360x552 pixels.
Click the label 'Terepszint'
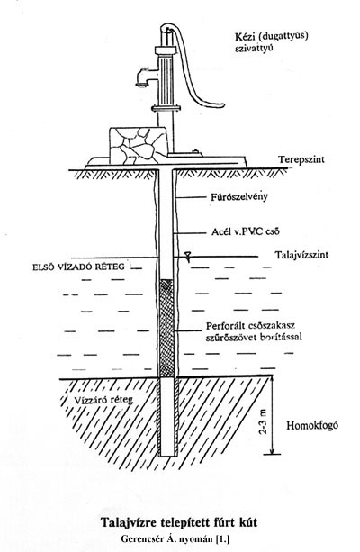(301, 159)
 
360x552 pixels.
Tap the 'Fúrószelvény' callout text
(238, 196)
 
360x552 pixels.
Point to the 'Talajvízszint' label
(301, 254)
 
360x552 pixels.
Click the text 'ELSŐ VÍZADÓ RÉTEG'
(78, 267)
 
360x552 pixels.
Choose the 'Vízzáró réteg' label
(103, 400)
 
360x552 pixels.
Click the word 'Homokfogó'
(312, 425)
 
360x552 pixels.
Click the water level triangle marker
(188, 255)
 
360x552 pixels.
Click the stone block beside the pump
(138, 145)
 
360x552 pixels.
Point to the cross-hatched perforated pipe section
(166, 328)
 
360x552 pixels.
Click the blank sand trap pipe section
(166, 417)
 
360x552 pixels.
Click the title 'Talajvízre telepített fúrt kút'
(179, 522)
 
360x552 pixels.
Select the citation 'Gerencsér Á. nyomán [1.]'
(176, 538)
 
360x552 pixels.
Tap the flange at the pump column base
(166, 108)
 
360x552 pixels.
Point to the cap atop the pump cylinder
(165, 50)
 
